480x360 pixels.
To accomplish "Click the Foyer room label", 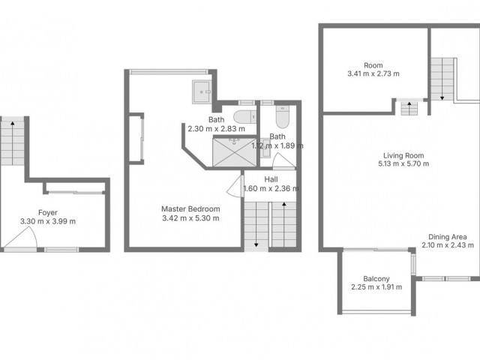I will coord(47,212).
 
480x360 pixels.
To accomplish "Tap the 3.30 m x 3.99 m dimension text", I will coord(47,221).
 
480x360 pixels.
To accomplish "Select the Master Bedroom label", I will coord(190,209).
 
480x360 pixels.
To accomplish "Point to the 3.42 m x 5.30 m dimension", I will coord(190,218).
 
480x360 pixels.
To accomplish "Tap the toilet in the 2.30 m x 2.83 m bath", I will coord(241,116).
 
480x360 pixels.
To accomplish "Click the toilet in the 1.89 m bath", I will coord(282,119).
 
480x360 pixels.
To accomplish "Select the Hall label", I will coord(271,180).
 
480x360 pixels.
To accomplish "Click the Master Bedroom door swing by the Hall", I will coord(234,185).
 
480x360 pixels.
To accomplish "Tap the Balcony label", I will coord(375,277).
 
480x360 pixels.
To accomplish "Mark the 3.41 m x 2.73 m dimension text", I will coord(373,74).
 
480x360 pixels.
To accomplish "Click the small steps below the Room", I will coord(410,109).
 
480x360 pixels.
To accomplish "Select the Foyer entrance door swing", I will coord(18,239).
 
